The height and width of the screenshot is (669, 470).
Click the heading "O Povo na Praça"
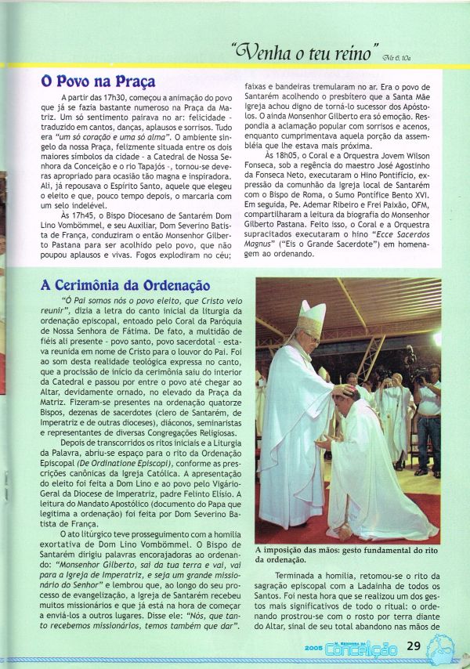point(98,81)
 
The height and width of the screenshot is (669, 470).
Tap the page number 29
point(416,647)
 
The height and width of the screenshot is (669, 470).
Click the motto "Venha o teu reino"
point(306,54)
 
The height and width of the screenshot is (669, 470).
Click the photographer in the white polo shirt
point(428,407)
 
